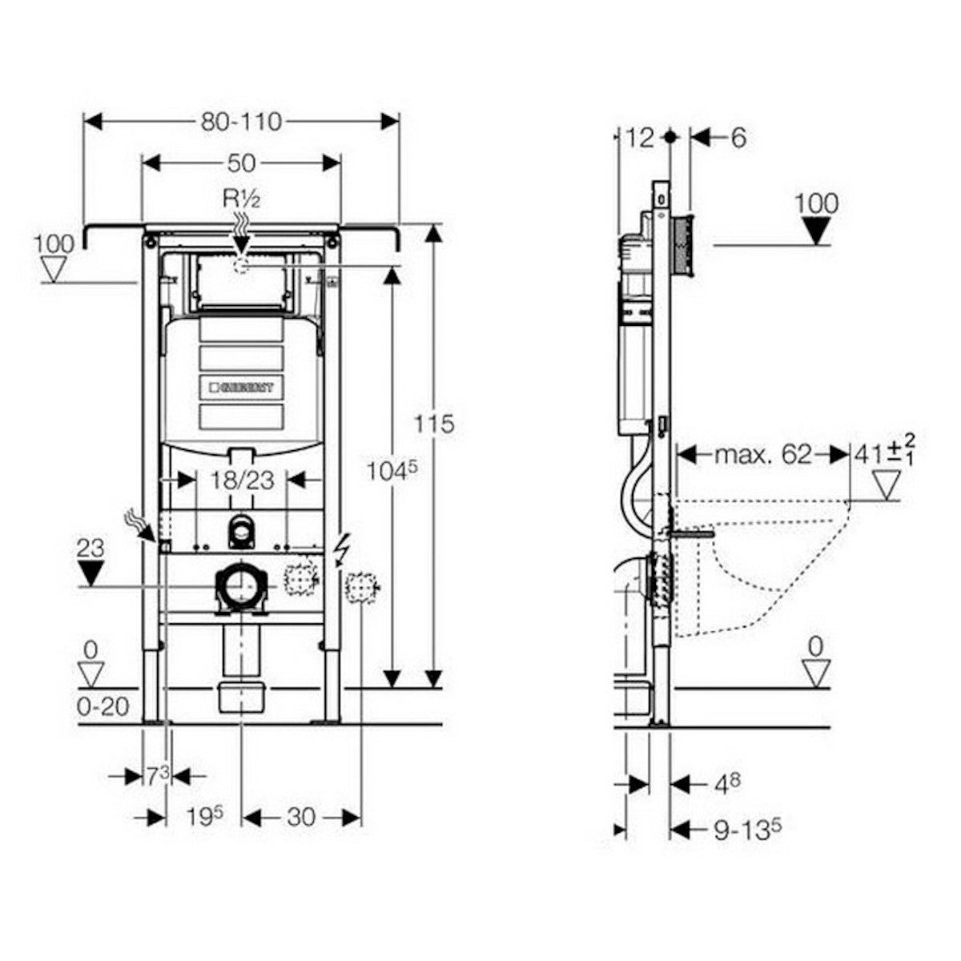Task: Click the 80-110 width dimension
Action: (241, 121)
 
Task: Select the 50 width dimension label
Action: (241, 163)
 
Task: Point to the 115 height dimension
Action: (435, 423)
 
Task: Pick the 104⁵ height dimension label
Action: (392, 472)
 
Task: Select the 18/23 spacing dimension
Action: (241, 480)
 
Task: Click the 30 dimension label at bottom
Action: (300, 817)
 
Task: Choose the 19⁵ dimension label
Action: (203, 817)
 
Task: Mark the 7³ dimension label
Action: (157, 775)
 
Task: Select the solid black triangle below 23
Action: (93, 573)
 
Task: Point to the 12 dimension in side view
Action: (640, 138)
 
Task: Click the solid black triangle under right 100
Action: (817, 231)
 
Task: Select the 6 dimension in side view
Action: (737, 138)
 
